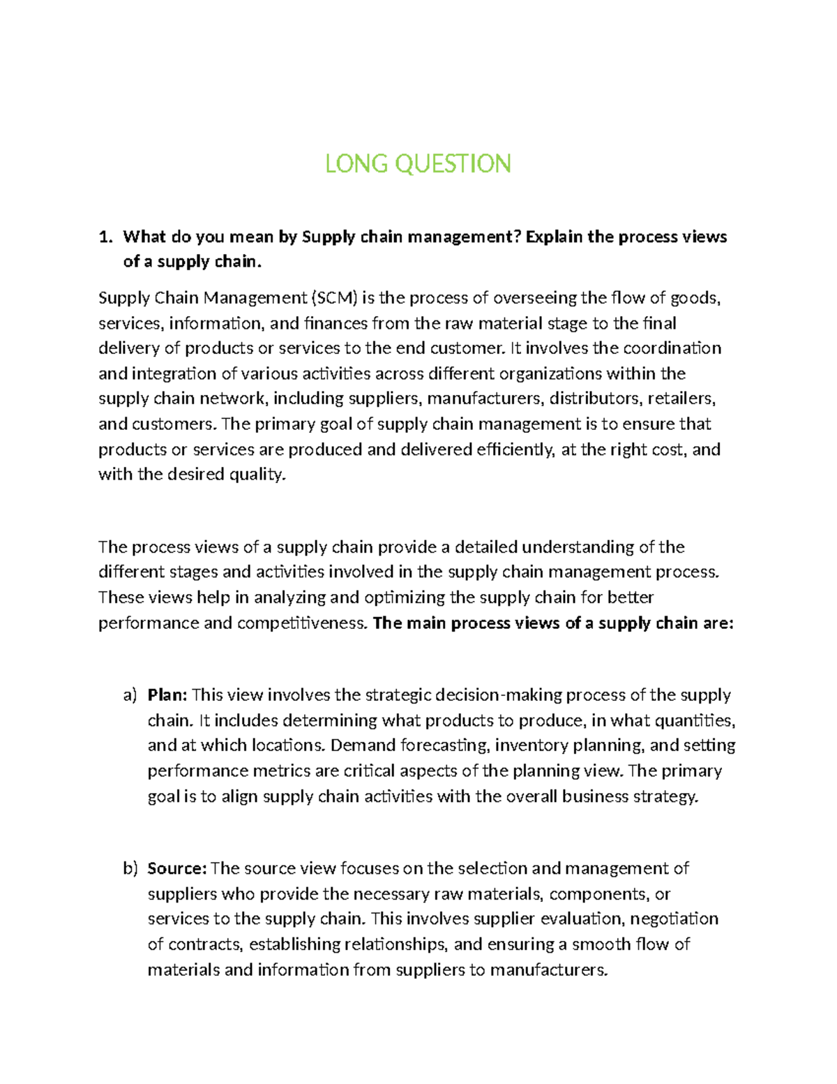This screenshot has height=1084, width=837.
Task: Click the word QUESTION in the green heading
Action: pyautogui.click(x=453, y=164)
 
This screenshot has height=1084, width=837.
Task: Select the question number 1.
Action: pyautogui.click(x=105, y=237)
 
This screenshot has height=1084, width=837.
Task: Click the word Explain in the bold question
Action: pyautogui.click(x=554, y=237)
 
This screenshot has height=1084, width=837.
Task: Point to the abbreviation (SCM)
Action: pyautogui.click(x=334, y=299)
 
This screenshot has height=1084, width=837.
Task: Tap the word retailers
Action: pyautogui.click(x=681, y=399)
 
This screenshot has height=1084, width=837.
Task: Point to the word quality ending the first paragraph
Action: pyautogui.click(x=258, y=475)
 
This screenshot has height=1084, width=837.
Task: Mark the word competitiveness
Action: pyautogui.click(x=302, y=623)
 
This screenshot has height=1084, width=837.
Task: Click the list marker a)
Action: pyautogui.click(x=130, y=695)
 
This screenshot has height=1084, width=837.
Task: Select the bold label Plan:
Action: pyautogui.click(x=167, y=695)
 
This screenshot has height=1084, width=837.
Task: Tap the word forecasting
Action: pyautogui.click(x=446, y=745)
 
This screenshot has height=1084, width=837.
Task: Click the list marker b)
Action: pyautogui.click(x=130, y=869)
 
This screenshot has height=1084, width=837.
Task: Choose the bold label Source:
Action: pyautogui.click(x=177, y=869)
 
